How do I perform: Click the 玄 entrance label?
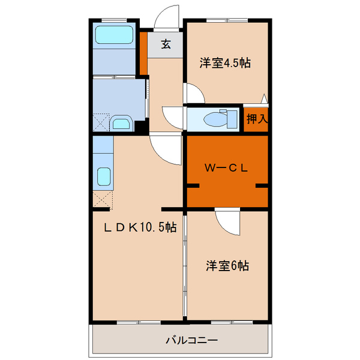coord(165,44)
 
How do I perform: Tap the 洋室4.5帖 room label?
coord(225,64)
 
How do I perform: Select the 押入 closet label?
coord(256,119)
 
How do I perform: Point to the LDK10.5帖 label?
coord(140,228)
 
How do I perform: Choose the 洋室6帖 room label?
coord(228,265)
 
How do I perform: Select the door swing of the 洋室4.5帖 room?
coord(194,93)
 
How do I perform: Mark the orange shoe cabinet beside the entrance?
coord(143,53)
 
